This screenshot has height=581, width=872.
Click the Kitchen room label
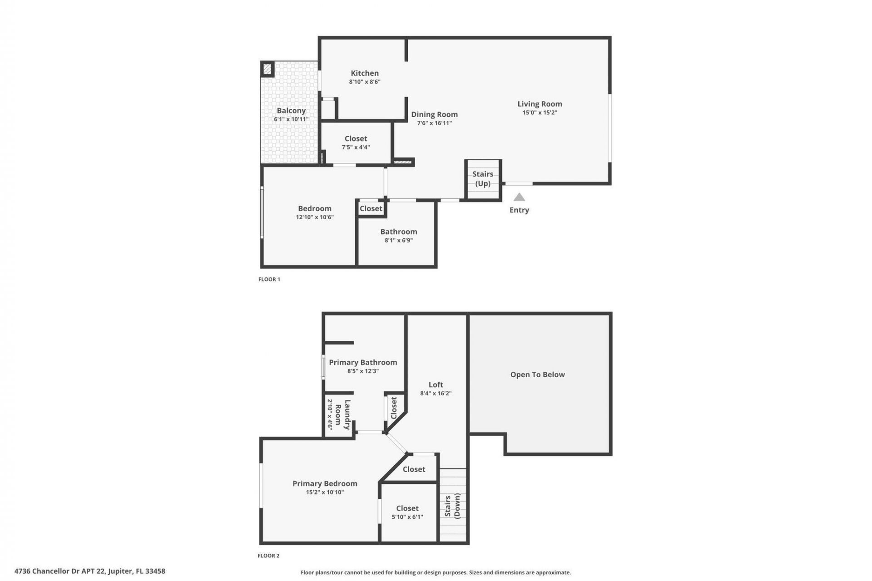364,73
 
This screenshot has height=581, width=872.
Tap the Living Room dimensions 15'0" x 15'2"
540,113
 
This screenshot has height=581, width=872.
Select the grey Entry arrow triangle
519,197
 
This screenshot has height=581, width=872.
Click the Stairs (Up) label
482,179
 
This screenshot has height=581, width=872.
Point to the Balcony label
291,111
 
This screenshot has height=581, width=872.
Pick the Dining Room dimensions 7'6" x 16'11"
434,123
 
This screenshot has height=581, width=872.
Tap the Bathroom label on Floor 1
398,232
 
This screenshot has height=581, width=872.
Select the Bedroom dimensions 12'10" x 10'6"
315,217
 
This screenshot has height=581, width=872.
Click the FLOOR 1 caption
269,279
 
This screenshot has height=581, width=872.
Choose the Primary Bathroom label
363,362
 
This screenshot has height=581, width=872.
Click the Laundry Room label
343,414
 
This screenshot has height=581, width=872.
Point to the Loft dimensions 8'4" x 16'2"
436,394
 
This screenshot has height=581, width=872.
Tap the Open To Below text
537,374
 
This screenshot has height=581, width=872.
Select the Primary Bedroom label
325,484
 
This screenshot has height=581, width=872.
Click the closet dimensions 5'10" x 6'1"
407,517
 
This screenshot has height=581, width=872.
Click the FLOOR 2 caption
268,556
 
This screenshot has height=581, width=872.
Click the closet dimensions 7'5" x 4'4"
356,148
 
